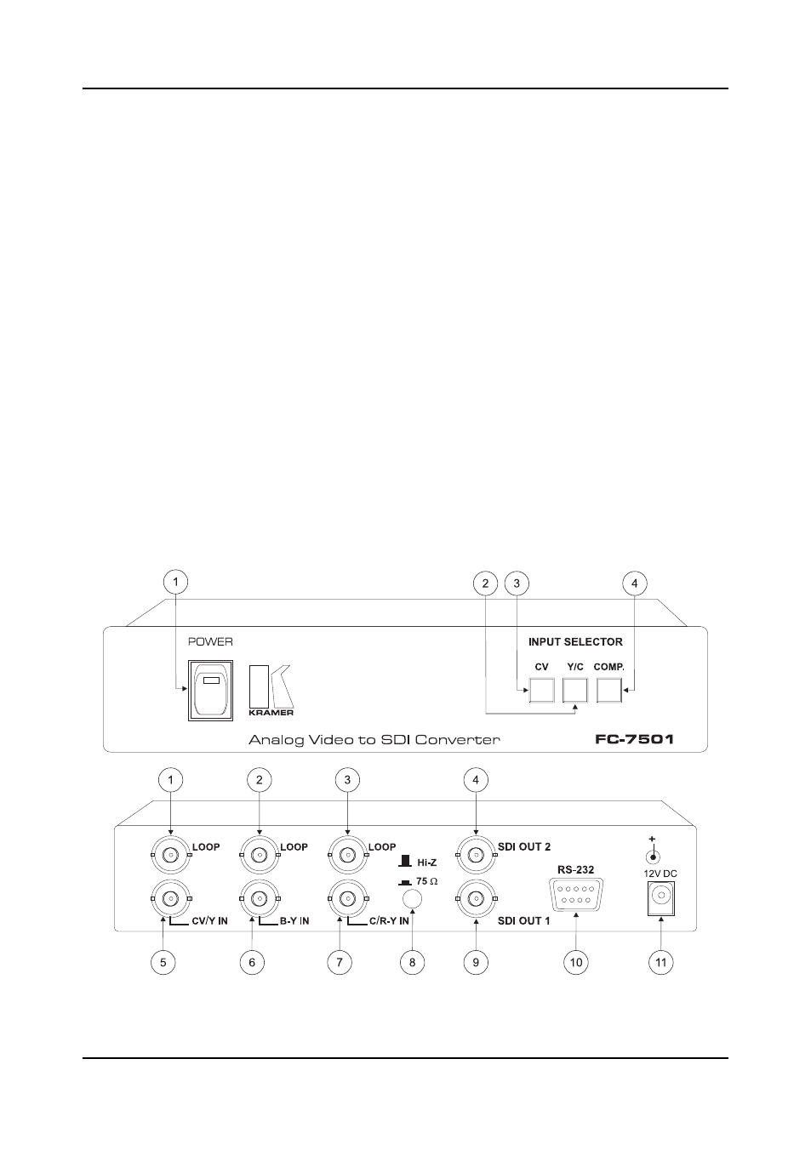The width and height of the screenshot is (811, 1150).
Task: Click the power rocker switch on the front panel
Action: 210,690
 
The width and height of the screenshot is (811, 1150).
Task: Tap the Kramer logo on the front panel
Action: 271,691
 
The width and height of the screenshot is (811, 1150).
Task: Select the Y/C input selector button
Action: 574,690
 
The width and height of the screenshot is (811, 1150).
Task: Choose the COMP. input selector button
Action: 609,690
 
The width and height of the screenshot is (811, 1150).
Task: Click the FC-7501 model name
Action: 634,739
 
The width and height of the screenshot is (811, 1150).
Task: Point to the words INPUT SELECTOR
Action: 575,641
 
